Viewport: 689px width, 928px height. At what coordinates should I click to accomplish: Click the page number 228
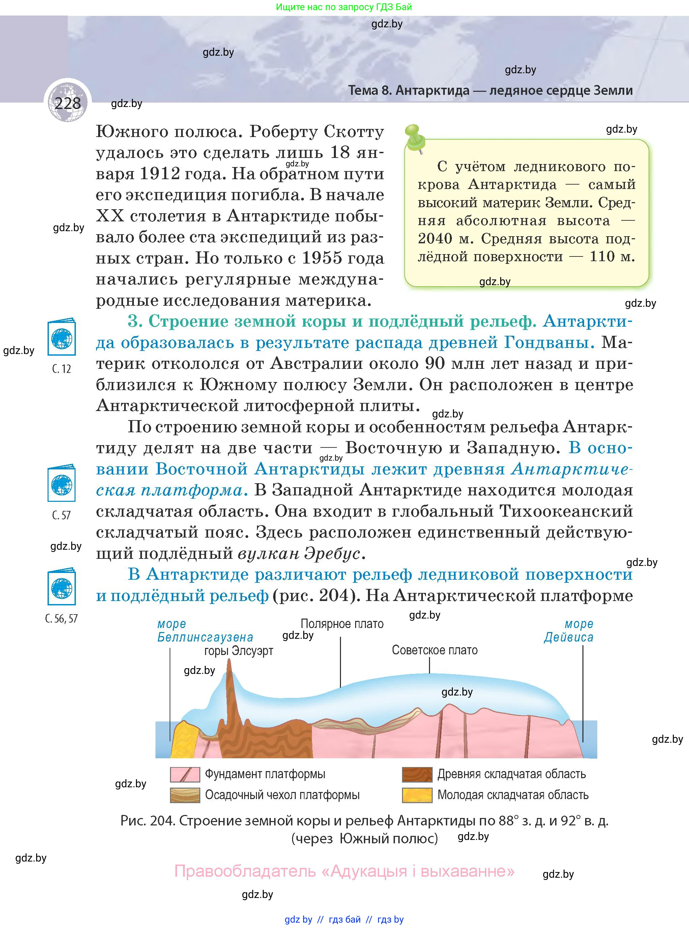pos(67,103)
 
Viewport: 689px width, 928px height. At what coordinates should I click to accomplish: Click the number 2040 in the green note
pos(435,239)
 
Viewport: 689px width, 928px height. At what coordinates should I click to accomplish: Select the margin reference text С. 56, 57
pos(61,619)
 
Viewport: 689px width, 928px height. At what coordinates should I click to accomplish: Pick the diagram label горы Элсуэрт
pos(238,651)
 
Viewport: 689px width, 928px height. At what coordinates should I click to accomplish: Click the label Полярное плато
pos(342,624)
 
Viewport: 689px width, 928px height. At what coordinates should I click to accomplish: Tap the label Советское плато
pos(435,650)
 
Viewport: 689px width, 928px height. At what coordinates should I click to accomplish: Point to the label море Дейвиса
pos(569,630)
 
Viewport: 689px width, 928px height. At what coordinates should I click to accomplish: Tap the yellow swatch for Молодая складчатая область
pos(417,795)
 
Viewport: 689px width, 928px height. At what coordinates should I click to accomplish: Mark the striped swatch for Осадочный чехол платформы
pos(185,795)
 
